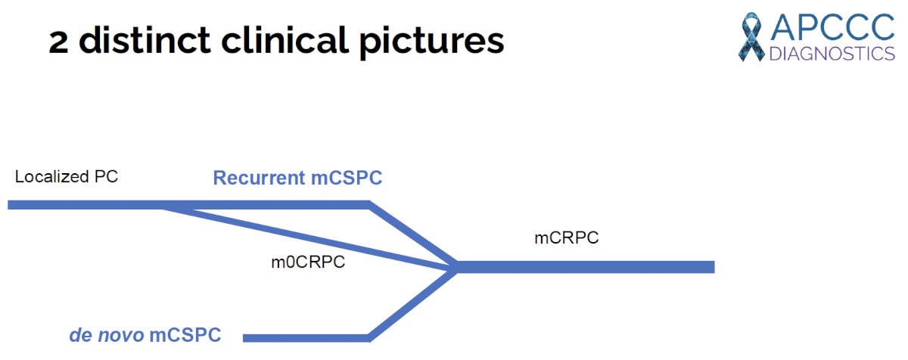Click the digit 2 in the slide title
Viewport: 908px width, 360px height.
point(58,42)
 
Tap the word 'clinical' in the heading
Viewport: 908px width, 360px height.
point(285,40)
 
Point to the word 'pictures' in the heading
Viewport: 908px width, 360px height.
point(432,42)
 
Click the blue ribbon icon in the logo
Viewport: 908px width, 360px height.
point(751,37)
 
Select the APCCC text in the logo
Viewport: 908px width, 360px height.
point(832,27)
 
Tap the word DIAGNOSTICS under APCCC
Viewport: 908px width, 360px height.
point(832,54)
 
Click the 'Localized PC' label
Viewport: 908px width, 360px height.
point(67,176)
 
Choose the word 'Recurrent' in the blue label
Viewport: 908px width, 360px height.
point(259,178)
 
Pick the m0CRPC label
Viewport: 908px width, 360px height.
point(308,262)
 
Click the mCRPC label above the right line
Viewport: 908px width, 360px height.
point(567,237)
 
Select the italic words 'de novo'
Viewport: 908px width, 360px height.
point(107,335)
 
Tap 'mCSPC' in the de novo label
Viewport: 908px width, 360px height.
point(185,335)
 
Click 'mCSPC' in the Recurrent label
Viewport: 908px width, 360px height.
point(347,178)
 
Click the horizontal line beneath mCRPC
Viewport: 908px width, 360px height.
point(585,267)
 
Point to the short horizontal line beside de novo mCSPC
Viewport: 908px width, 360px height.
point(306,338)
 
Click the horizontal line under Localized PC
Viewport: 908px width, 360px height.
point(188,204)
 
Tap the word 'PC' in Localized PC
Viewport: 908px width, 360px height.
point(106,176)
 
